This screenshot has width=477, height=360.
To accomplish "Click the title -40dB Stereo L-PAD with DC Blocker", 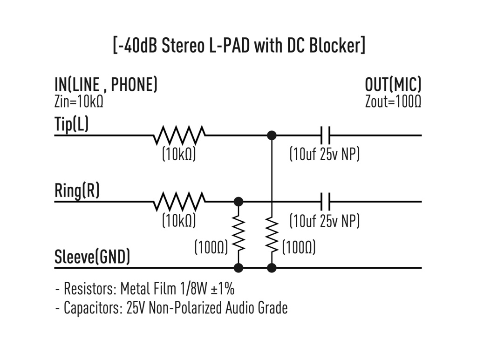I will tap(238, 46).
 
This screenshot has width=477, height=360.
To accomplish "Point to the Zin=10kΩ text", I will tap(78, 102).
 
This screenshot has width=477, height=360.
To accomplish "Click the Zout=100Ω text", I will tap(393, 102).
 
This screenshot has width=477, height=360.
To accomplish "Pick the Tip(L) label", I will tap(71, 125).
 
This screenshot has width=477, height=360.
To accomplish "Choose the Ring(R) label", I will tap(77, 191).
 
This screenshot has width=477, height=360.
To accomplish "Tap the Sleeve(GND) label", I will tap(92, 257).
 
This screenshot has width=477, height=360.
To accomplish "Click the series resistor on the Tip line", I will tap(179, 136).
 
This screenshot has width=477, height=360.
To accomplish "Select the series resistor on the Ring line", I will tap(179, 202).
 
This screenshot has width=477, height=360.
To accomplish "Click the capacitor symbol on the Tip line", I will tap(326, 136).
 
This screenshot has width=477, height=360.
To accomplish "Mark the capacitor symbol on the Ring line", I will tap(326, 202).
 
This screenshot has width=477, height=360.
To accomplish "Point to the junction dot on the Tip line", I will tap(272, 136).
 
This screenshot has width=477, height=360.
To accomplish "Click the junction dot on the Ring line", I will tap(238, 202).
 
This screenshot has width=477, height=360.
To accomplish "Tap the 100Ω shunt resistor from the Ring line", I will tap(238, 235).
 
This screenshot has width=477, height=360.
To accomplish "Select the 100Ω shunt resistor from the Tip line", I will tap(272, 235).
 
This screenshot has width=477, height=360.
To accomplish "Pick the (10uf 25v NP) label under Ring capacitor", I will tap(324, 220).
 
